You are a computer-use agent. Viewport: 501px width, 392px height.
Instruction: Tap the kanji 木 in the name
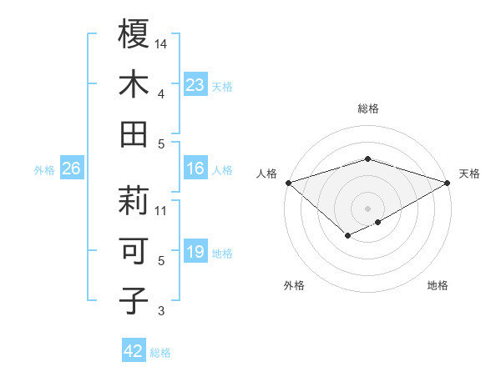tap(134, 84)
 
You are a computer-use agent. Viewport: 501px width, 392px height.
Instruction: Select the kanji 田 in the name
tap(134, 134)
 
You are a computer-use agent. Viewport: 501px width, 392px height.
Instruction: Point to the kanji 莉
tap(134, 200)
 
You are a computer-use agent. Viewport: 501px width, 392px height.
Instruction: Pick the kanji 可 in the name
tap(134, 251)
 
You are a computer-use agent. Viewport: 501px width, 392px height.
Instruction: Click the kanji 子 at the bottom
tap(134, 300)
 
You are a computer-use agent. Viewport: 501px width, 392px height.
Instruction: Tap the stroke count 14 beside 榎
tap(162, 43)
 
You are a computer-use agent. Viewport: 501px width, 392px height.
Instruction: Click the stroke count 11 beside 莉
tap(162, 210)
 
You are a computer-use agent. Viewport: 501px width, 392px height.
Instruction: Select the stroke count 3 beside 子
tap(162, 312)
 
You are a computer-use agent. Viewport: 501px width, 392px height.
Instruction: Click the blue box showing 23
tap(195, 85)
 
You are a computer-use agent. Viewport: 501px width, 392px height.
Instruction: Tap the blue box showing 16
tap(195, 169)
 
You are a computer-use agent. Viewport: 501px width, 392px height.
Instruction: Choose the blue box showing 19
tap(195, 253)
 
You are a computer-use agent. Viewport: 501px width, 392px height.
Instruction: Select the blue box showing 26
tap(71, 169)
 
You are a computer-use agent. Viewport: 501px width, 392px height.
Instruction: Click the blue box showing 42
tap(134, 351)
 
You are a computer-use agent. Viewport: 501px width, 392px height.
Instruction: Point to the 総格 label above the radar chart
tap(367, 108)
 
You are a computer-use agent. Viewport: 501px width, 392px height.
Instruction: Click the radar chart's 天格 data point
tap(448, 183)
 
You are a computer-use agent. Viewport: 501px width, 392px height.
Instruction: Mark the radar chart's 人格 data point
tap(288, 183)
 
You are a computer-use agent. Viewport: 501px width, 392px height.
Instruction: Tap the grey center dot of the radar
tap(367, 208)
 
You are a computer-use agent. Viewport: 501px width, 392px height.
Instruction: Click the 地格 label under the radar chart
tap(438, 286)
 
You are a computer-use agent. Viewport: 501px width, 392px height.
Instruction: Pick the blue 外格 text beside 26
tap(44, 170)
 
